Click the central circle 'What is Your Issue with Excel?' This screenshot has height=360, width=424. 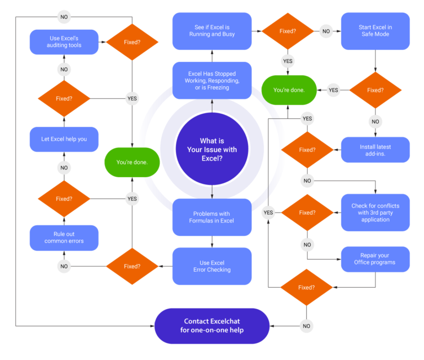(212, 149)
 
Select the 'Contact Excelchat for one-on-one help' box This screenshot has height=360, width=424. (212, 326)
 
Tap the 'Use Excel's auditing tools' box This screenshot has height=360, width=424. (64, 41)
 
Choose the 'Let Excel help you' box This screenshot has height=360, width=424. (64, 139)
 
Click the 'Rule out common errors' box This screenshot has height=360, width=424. (64, 237)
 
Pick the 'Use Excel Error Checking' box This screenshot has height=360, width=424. (212, 266)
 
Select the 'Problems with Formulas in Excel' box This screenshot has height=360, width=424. (212, 217)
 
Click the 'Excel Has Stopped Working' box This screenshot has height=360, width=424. (212, 81)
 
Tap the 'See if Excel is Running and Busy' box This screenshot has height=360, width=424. (212, 31)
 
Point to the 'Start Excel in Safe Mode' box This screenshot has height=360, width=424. (375, 31)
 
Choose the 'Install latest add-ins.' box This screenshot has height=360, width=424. (375, 150)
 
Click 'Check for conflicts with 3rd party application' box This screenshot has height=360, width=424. (375, 212)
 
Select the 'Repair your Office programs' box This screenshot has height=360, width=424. (375, 258)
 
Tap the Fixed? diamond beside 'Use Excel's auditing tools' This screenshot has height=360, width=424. (132, 41)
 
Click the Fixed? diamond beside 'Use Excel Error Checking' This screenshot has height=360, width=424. (132, 266)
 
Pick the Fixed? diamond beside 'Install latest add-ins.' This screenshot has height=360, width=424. (307, 150)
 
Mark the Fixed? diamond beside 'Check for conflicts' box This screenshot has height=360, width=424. (307, 212)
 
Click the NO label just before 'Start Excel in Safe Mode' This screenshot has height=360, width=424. (326, 31)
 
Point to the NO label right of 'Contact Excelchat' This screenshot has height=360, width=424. (306, 326)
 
